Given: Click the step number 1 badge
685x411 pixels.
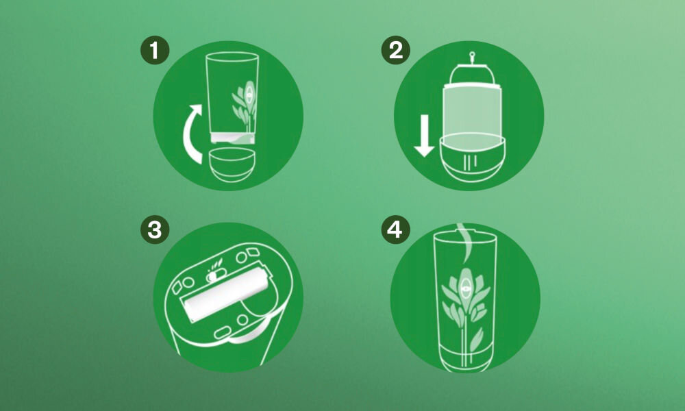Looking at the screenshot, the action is click(x=155, y=50).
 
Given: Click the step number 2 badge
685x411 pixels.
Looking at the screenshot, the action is click(x=396, y=50).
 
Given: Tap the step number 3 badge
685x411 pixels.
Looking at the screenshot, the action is click(x=155, y=229).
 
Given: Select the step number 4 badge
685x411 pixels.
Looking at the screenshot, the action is click(x=396, y=229).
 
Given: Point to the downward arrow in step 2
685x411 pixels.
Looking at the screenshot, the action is click(x=424, y=136).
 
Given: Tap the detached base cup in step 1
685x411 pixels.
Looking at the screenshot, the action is click(x=232, y=164).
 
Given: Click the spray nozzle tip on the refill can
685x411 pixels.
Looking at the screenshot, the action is click(x=472, y=55).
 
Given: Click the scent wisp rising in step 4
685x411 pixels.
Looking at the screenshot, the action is click(x=465, y=241).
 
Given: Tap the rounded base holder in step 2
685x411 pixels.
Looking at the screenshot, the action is click(x=472, y=158).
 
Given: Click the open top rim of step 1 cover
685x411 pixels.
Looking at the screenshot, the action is click(x=232, y=58).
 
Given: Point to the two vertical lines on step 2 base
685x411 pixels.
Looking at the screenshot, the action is click(x=470, y=162).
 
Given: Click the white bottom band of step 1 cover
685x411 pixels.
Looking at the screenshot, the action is click(x=233, y=138).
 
